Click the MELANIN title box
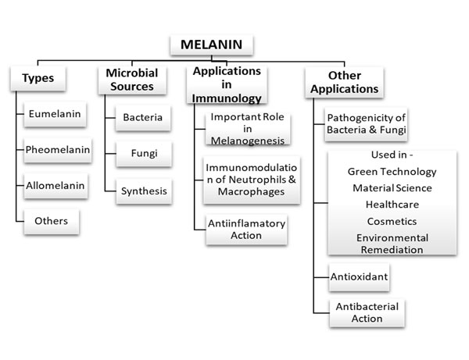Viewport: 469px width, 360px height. [x=212, y=45]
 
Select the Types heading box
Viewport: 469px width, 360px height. [x=38, y=78]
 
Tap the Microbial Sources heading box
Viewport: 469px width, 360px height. [x=132, y=80]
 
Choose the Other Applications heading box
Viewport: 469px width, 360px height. [x=344, y=82]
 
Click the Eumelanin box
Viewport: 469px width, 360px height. [x=55, y=114]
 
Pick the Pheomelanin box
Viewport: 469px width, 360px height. [x=58, y=150]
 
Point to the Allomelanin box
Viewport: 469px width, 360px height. [x=55, y=186]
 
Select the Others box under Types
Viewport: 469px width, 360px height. [x=52, y=221]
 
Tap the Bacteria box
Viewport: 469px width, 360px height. [x=143, y=118]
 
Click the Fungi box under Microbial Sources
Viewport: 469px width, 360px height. [x=144, y=154]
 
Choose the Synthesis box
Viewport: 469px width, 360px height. [x=144, y=191]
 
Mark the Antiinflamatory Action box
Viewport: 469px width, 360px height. [x=246, y=230]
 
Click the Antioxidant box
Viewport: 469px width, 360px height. [x=359, y=277]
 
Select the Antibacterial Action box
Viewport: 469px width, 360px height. [x=367, y=313]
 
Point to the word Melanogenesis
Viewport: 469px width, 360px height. [x=248, y=141]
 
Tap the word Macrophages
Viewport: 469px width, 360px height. [x=251, y=191]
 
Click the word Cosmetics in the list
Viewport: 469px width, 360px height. [x=392, y=221]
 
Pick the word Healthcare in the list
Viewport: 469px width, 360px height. [x=392, y=205]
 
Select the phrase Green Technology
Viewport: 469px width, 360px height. [x=392, y=172]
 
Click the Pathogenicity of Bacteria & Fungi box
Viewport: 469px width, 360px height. [x=366, y=124]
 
